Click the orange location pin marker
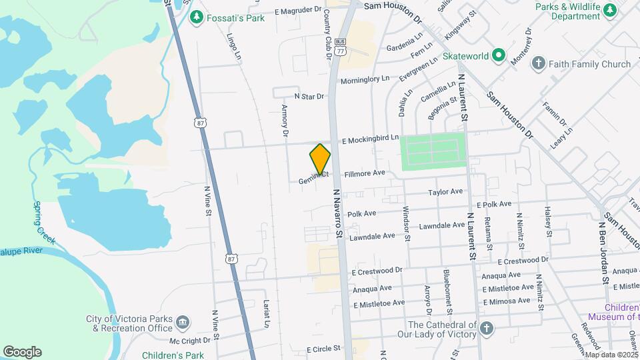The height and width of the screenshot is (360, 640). [x=320, y=159]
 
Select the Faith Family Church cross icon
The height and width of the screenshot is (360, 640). [x=538, y=64]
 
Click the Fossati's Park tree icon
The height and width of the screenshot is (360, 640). [x=196, y=18]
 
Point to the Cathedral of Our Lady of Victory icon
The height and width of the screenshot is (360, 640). [x=487, y=329]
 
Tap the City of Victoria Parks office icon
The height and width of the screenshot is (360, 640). [x=182, y=323]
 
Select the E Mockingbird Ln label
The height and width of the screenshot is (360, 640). [x=370, y=141]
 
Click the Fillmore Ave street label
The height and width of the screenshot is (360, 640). [x=365, y=173]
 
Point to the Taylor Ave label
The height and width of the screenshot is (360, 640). [x=445, y=192]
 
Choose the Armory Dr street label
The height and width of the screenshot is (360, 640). [x=285, y=121]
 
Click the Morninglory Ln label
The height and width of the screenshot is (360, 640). [x=365, y=79]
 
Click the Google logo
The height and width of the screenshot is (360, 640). [x=22, y=352]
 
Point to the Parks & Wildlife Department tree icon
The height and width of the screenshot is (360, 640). [x=609, y=9]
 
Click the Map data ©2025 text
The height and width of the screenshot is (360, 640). [x=611, y=355]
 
